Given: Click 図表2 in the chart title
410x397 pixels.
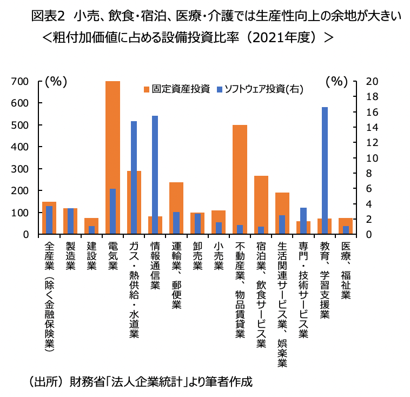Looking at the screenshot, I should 49,16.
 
